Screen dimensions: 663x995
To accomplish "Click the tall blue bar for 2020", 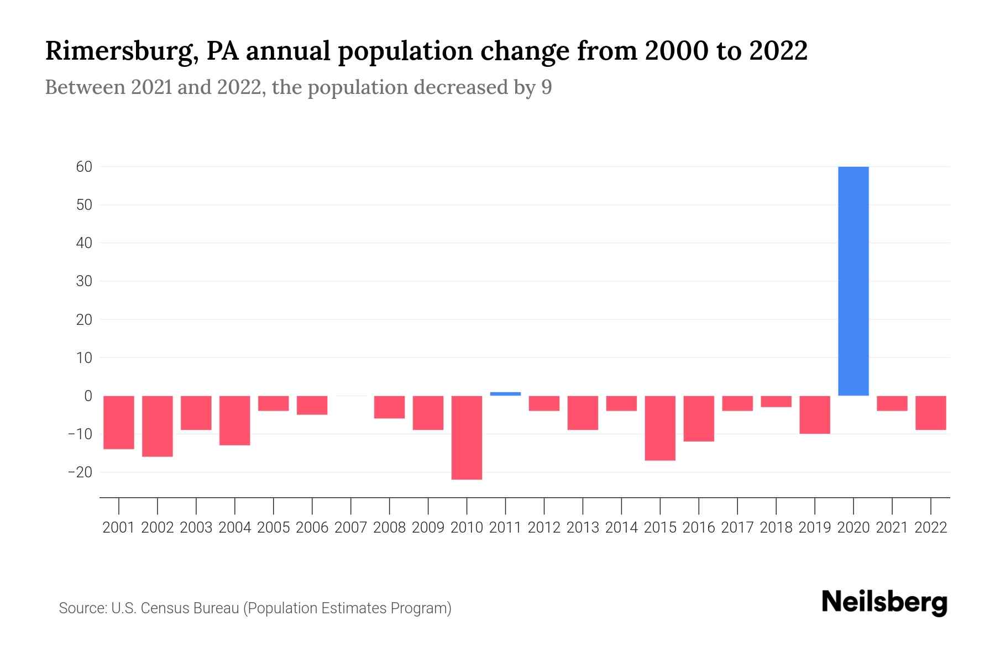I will point(853,281).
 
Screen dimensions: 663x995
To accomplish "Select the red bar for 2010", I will point(467,437).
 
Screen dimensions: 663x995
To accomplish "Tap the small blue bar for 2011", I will point(505,394).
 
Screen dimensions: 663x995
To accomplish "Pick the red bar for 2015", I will point(660,428).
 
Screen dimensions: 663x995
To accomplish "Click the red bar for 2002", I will point(158,426).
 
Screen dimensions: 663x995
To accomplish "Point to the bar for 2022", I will point(930,413).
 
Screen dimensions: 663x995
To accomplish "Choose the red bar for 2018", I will point(776,402).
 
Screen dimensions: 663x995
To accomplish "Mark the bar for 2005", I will point(273,403).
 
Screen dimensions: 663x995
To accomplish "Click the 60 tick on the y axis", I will point(84,166).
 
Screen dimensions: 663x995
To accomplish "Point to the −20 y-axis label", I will point(80,472).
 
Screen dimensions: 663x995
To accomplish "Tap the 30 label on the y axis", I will point(84,281).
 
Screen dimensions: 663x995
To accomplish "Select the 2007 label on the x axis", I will point(350,528).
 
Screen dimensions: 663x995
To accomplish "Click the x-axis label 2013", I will point(583,528).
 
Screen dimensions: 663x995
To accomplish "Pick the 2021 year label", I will point(892,528).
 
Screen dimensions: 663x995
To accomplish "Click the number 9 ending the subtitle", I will point(546,88).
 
